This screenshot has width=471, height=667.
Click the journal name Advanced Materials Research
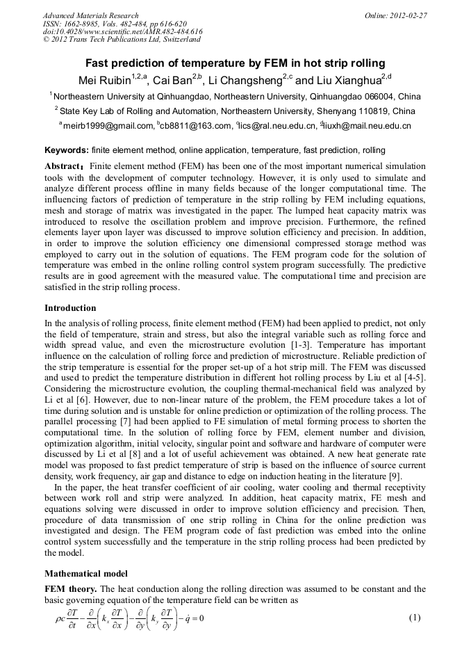click(x=90, y=15)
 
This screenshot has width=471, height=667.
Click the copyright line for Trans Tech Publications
click(x=122, y=40)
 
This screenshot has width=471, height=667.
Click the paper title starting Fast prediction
click(x=235, y=63)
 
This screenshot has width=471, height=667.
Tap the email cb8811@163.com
click(x=196, y=126)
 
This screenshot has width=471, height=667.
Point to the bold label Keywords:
click(x=67, y=150)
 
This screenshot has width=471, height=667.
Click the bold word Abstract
click(x=63, y=168)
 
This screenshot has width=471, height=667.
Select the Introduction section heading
click(x=70, y=308)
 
